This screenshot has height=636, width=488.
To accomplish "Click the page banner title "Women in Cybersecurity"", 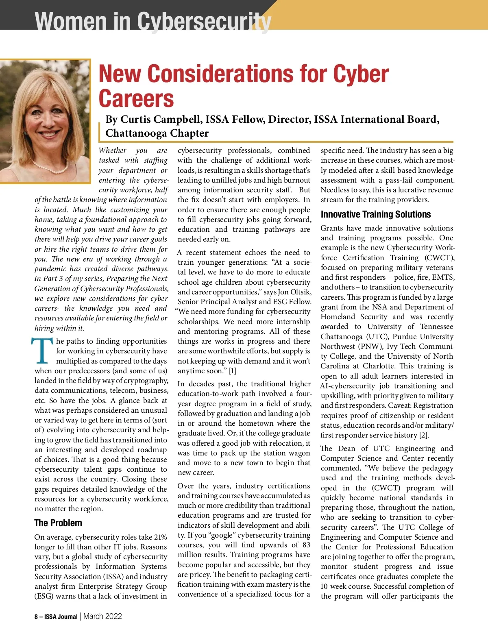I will click(152, 21).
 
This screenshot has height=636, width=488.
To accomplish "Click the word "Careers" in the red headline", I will click(136, 99).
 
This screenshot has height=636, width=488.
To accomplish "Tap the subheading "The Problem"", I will click(58, 523).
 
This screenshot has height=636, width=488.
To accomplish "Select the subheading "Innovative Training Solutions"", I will click(375, 214).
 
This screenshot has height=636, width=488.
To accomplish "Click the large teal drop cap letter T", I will click(42, 351).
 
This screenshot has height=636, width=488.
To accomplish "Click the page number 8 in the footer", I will click(36, 616).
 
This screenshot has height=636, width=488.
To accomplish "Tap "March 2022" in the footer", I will click(102, 616).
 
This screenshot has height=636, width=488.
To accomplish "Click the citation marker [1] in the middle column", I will click(232, 371).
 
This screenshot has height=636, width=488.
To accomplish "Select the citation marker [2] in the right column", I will click(424, 435).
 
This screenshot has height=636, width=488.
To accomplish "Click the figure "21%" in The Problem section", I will click(161, 537).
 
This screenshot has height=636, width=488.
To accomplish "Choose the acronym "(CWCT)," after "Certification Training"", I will click(440, 258).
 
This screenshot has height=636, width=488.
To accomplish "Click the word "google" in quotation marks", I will click(222, 535).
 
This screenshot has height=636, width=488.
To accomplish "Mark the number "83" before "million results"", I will click(306, 545).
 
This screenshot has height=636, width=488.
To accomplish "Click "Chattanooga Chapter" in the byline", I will click(157, 133).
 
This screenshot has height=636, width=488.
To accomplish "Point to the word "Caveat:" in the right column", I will click(401, 405).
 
